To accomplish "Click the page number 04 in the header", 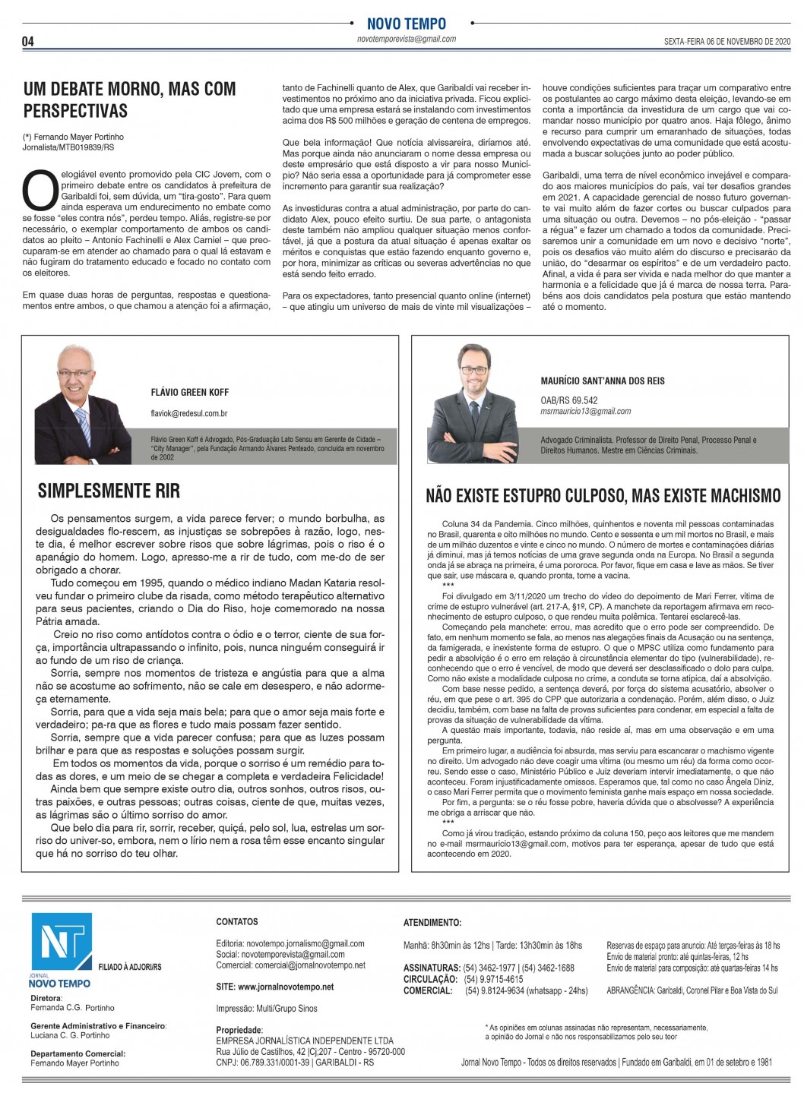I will (28, 41).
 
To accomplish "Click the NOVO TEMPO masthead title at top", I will (406, 24).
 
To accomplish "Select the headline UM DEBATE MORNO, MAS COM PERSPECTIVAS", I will (130, 99).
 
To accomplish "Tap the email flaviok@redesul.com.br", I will (189, 414).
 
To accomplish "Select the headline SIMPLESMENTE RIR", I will (109, 491).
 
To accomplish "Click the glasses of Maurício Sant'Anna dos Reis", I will (473, 371).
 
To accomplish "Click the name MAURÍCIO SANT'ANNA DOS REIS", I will (603, 381).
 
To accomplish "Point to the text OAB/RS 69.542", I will (569, 400).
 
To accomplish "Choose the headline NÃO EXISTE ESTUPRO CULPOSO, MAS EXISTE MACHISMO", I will (603, 496).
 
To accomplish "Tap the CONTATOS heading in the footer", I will (237, 921).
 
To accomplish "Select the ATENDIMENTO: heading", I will (432, 923).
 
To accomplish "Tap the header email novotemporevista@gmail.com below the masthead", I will (407, 39).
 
